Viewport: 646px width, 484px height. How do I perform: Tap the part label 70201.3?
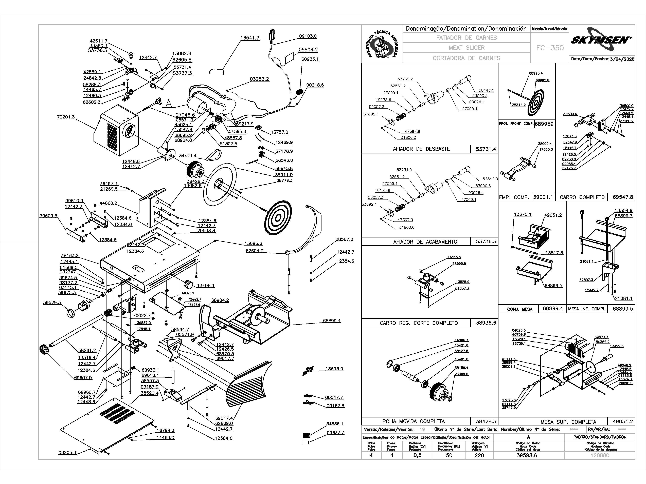66,117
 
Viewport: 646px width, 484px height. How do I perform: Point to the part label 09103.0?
308,36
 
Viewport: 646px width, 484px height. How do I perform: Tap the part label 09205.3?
67,453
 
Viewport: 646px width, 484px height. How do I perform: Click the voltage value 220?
479,455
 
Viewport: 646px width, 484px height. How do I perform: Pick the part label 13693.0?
334,369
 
